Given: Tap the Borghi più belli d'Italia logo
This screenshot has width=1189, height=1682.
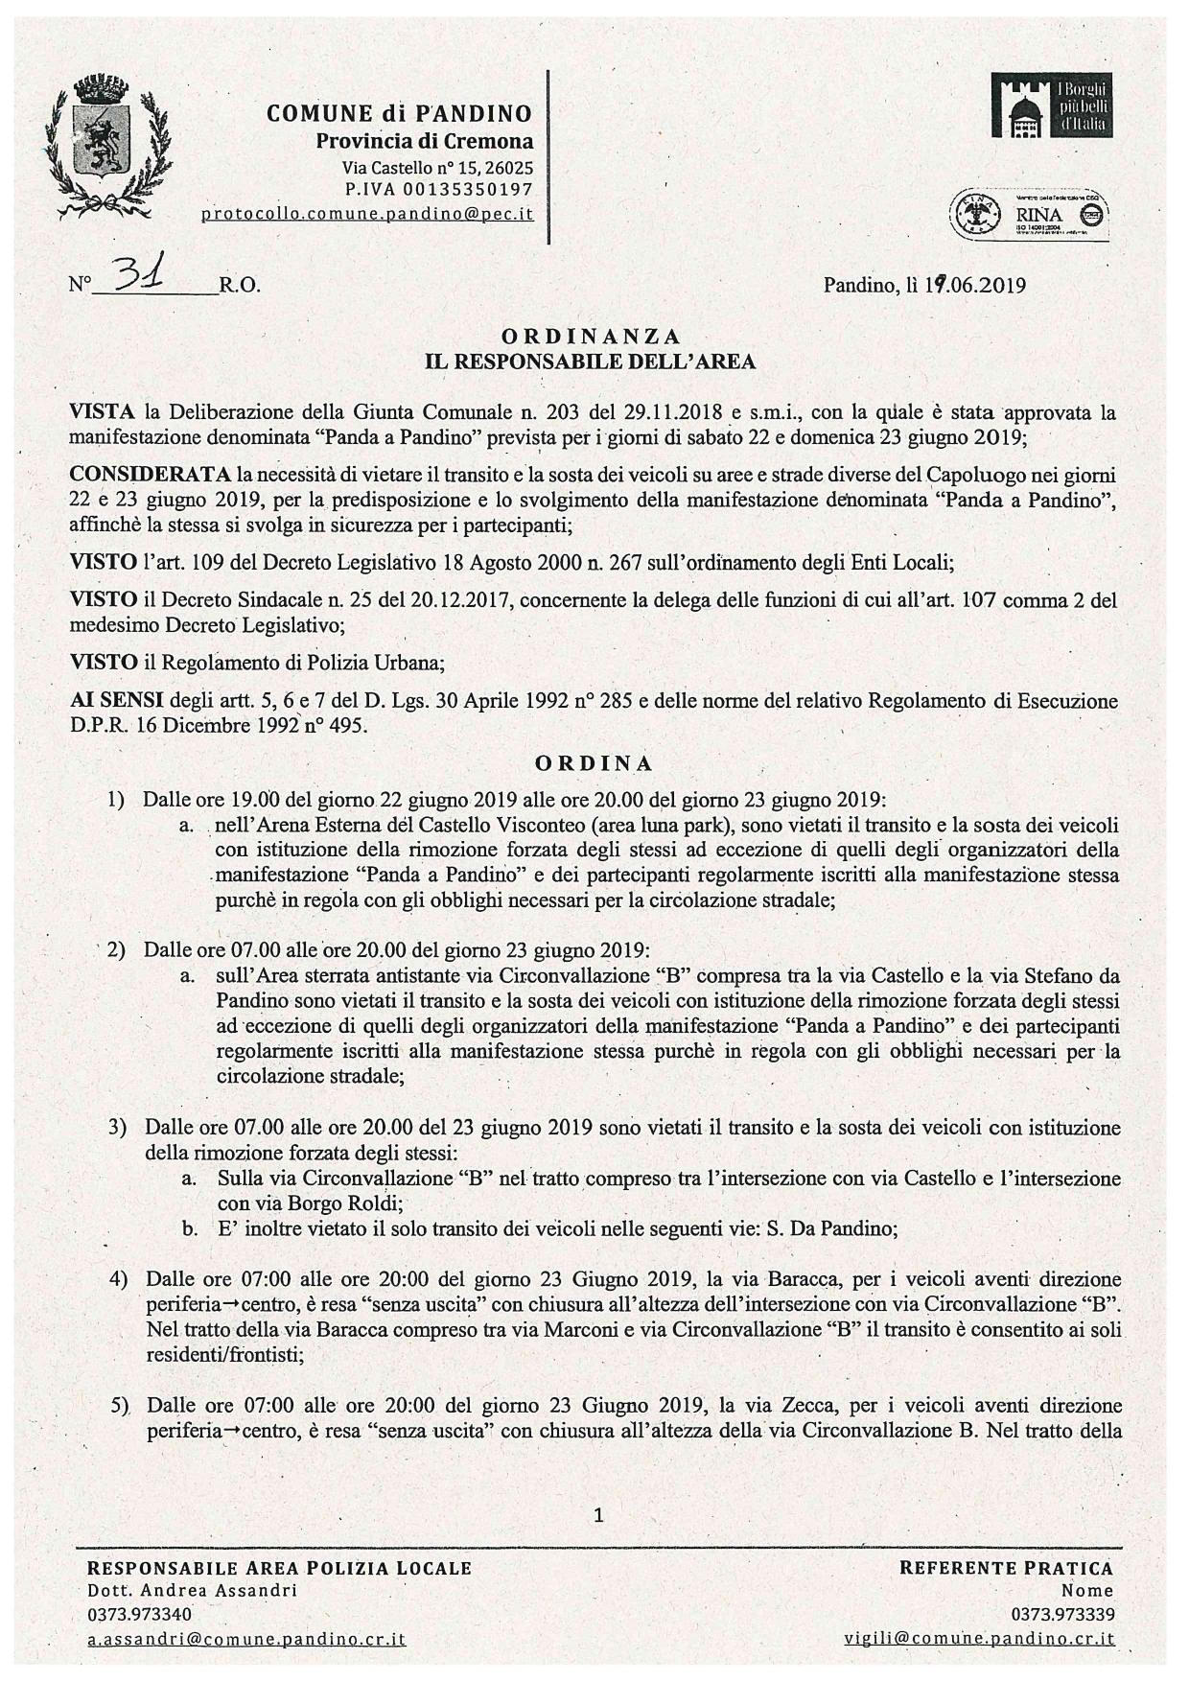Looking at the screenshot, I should pos(1059,107).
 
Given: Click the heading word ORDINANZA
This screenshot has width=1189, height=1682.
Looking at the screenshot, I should pos(591,336).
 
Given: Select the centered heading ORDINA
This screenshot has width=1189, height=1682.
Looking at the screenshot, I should pos(594,763).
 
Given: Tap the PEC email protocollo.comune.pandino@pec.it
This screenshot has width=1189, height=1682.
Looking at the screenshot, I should pos(367,214).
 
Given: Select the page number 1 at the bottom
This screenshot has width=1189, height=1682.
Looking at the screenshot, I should pos(599,1516).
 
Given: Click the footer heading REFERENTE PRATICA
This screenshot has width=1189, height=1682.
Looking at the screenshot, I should pos(1006,1567).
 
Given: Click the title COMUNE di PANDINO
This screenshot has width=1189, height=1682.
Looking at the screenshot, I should pos(398,114).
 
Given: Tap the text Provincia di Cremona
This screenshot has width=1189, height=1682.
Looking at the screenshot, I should pos(425,142).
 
